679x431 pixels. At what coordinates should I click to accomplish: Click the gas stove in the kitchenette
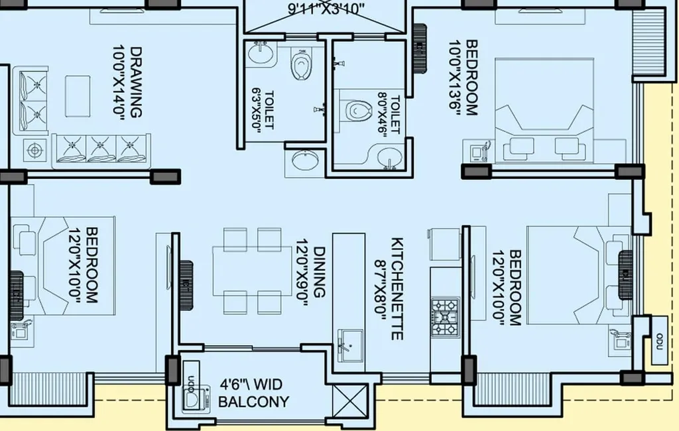pyautogui.click(x=445, y=316)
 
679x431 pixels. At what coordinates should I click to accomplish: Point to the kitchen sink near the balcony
pyautogui.click(x=349, y=344)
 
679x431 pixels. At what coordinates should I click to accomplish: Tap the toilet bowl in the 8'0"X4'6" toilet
pyautogui.click(x=358, y=109)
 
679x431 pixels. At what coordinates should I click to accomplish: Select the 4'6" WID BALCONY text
pyautogui.click(x=254, y=393)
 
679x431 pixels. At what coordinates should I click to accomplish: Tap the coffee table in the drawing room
pyautogui.click(x=78, y=95)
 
